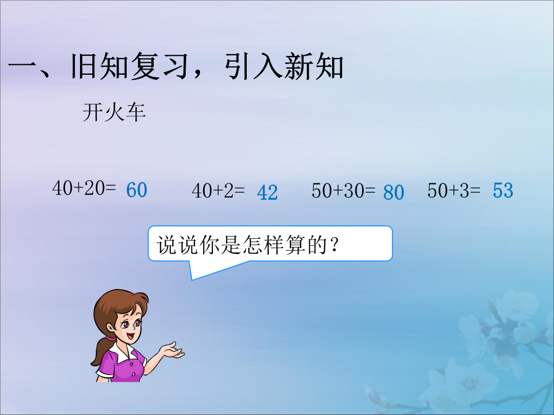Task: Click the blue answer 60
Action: (x=137, y=190)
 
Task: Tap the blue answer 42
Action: (x=267, y=193)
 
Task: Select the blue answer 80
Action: (x=393, y=193)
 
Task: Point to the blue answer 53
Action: (x=503, y=191)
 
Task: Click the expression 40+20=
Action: (x=84, y=188)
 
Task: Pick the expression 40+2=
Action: (x=219, y=191)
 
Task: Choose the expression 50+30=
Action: (x=343, y=191)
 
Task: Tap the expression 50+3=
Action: (x=454, y=191)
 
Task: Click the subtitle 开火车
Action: (x=114, y=113)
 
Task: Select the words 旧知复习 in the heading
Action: (x=129, y=66)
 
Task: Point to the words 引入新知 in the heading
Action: (x=284, y=66)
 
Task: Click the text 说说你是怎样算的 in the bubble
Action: (x=242, y=244)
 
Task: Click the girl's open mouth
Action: (x=129, y=336)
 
